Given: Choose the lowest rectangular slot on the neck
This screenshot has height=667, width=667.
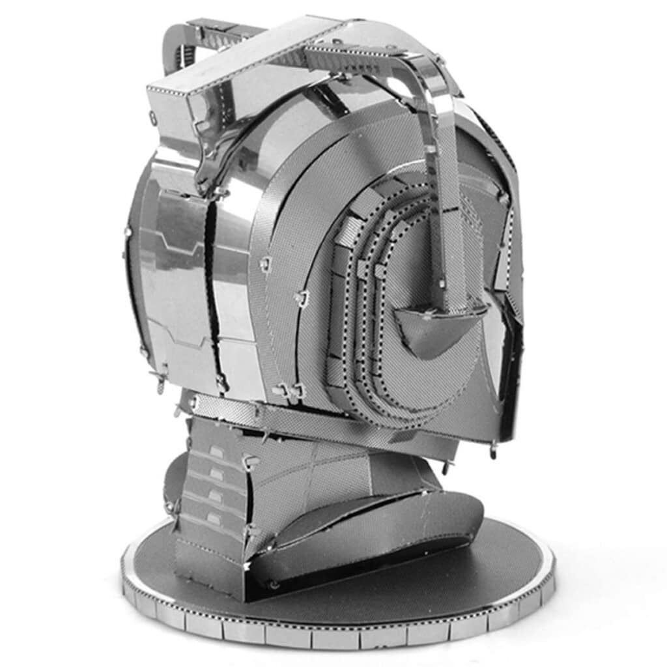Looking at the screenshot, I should coord(213,518).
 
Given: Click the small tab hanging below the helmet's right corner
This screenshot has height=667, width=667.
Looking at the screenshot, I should coord(493,449).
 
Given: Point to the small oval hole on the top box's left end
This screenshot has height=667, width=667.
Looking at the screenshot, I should coord(154,119).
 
